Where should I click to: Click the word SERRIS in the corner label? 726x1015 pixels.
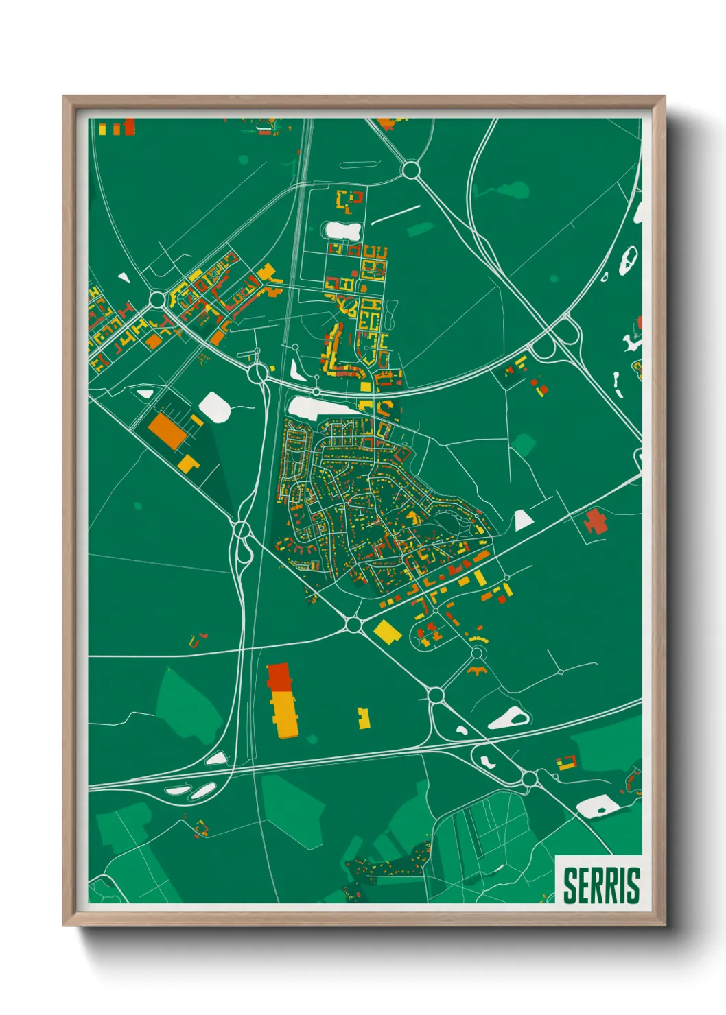click(601, 885)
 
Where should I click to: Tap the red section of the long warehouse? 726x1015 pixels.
click(279, 676)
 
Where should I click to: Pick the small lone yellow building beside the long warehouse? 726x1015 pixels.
click(364, 719)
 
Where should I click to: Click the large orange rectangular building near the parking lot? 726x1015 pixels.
click(167, 430)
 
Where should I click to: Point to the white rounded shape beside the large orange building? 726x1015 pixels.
click(215, 406)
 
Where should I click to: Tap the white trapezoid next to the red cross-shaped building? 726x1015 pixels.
click(523, 521)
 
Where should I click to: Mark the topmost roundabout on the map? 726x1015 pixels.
click(411, 169)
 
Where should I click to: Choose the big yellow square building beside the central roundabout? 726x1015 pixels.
click(387, 632)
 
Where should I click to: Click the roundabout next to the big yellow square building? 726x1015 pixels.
click(353, 625)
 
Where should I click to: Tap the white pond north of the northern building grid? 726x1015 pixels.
click(342, 230)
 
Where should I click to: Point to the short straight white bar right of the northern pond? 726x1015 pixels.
click(396, 214)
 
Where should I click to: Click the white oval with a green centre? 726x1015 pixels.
click(508, 719)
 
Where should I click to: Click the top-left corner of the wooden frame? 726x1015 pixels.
click(65, 97)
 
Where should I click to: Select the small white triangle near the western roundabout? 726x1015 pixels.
click(124, 278)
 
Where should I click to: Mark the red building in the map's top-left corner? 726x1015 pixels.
click(130, 127)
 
